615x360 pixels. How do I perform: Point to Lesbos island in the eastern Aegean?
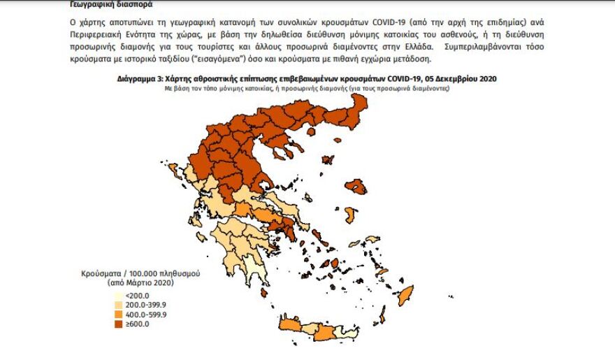point(358,187)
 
